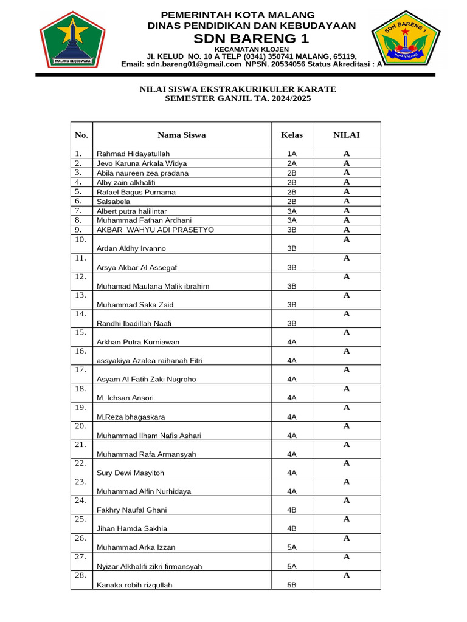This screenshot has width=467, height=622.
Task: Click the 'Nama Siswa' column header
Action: pos(181,135)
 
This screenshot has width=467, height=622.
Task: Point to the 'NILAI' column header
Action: pos(346,135)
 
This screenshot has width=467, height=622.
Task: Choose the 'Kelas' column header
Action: pos(291,135)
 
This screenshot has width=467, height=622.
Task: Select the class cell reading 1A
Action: pos(291,154)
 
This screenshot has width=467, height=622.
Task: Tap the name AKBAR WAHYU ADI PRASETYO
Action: pos(155,230)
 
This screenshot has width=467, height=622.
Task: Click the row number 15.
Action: pos(81,332)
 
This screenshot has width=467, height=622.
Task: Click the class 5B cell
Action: pos(291,585)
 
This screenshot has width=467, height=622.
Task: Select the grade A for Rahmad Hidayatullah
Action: pos(346,154)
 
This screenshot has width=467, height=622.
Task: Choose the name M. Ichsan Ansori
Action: pos(125,398)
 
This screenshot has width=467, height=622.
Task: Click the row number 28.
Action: pos(81,575)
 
